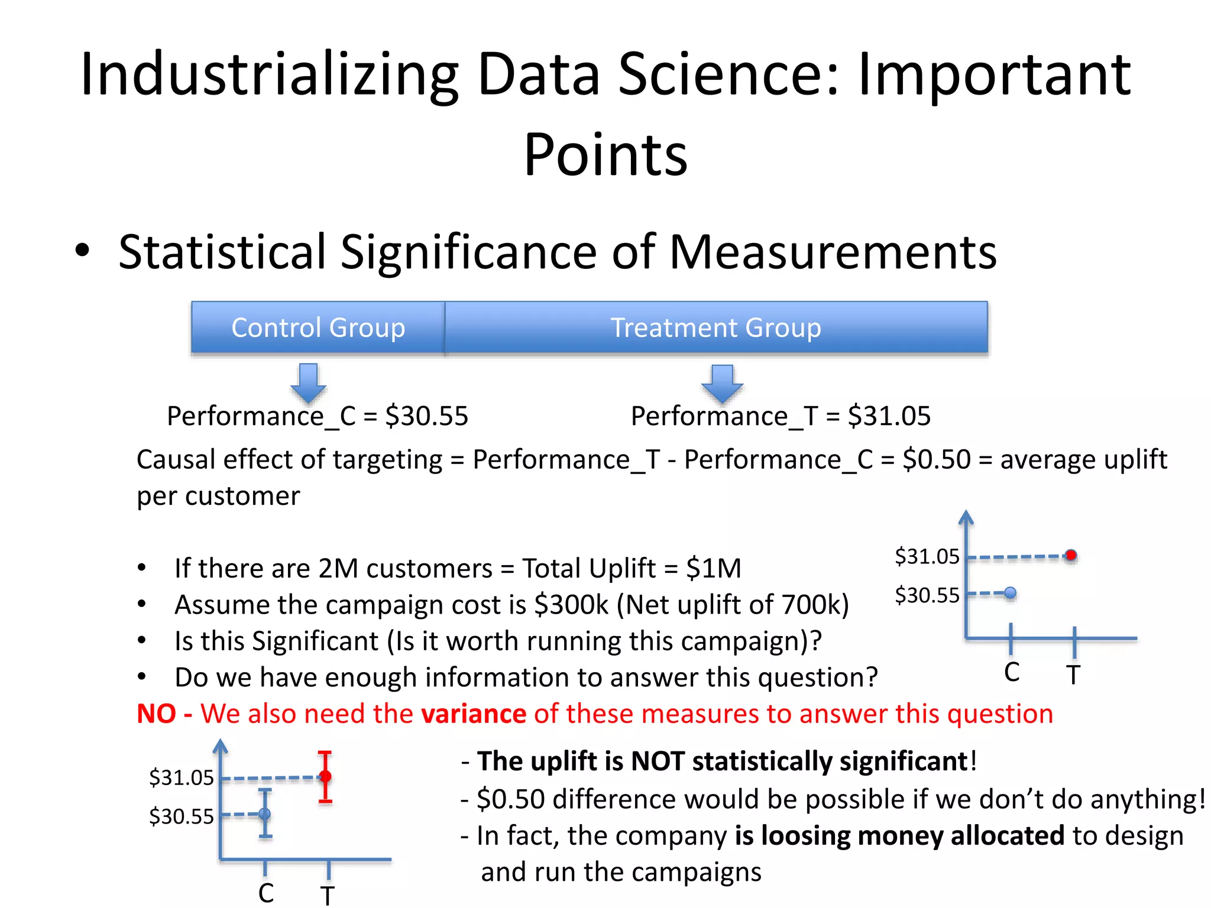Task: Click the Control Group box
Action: (318, 327)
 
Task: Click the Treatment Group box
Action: (715, 327)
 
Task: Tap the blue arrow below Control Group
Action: (308, 382)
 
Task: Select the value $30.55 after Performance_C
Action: (426, 416)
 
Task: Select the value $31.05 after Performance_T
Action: (889, 416)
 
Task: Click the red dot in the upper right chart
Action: (1071, 555)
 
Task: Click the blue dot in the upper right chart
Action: (1011, 592)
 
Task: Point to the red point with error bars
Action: (325, 776)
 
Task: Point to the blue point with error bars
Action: (265, 814)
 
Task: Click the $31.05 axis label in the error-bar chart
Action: (181, 777)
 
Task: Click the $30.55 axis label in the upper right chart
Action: (927, 595)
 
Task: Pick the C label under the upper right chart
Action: (1012, 673)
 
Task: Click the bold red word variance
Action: (473, 714)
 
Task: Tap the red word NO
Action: (156, 714)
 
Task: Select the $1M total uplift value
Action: (714, 569)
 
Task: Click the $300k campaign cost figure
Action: (571, 605)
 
